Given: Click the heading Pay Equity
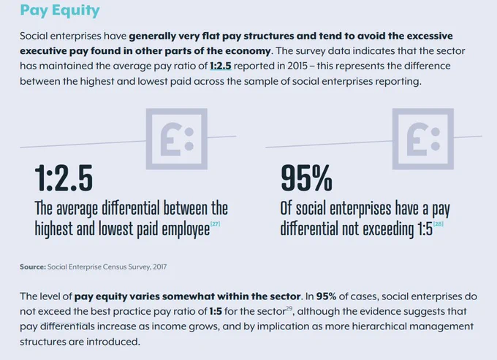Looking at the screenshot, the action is (x=60, y=10).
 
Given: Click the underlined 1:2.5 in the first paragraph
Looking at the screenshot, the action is (x=221, y=66).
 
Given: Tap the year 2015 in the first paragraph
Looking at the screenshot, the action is (x=297, y=66).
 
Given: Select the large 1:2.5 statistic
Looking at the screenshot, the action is (x=64, y=178).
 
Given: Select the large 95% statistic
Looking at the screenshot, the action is (x=306, y=178).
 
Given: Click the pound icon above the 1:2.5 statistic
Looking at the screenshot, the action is (x=177, y=139).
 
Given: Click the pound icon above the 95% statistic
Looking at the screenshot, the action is (x=423, y=139).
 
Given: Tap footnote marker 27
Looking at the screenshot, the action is (x=215, y=224).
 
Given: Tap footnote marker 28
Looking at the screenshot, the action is (x=439, y=224).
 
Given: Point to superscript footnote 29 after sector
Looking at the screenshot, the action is (x=289, y=308).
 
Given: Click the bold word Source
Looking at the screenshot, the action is (x=33, y=267).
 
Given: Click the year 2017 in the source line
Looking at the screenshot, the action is (x=160, y=267).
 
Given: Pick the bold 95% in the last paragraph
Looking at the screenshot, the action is (x=326, y=296).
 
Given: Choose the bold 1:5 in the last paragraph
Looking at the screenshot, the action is (x=216, y=312).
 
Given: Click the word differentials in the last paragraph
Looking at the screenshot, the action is (x=67, y=326).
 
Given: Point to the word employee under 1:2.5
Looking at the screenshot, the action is (x=186, y=229).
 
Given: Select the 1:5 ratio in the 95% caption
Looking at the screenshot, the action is (x=425, y=229).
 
